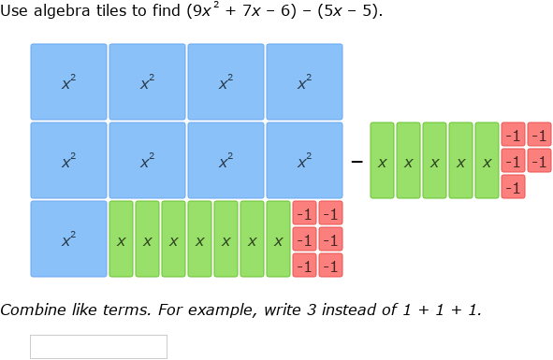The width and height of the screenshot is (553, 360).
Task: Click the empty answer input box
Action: coord(98,346)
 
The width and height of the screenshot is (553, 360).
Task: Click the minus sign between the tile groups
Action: coord(357,162)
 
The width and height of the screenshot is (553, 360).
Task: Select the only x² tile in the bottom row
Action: coord(68,239)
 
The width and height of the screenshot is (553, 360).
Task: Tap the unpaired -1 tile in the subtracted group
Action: coord(513,188)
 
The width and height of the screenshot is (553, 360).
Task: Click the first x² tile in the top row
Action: coord(68,82)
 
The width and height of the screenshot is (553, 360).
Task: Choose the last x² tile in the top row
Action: coord(304,82)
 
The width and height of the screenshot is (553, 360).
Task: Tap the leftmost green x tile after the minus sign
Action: coord(383,161)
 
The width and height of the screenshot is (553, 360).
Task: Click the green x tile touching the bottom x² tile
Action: coord(122,239)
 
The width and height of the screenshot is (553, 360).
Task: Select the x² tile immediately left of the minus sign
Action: coord(304,161)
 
